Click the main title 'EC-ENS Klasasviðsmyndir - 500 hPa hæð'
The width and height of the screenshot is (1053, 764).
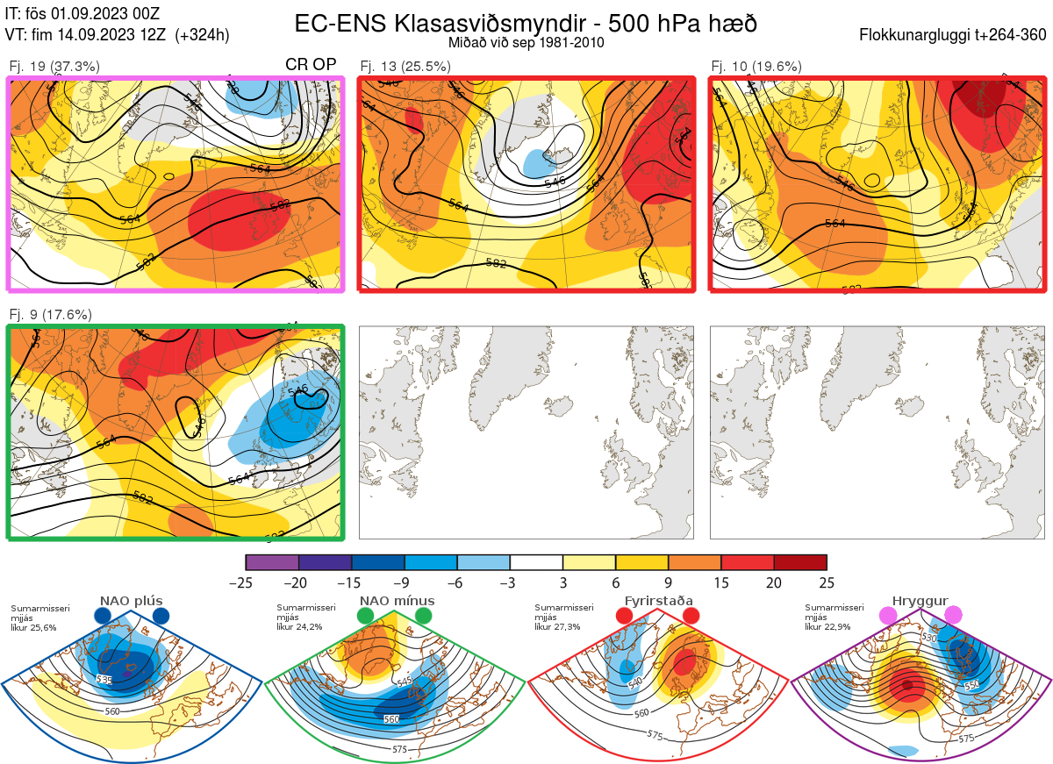click(525, 23)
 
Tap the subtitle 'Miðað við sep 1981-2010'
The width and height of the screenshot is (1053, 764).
click(526, 42)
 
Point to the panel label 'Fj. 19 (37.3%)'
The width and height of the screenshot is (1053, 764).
click(54, 66)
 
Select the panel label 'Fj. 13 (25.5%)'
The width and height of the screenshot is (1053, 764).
click(405, 66)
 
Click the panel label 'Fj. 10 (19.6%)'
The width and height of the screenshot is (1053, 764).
click(756, 66)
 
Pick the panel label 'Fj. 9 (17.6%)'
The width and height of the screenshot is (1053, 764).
click(50, 314)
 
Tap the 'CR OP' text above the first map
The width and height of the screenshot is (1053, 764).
click(312, 65)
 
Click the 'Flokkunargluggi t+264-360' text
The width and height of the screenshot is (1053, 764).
click(955, 35)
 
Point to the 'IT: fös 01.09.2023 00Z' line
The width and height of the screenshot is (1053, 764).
click(84, 14)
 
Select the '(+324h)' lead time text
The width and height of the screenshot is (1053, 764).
click(202, 35)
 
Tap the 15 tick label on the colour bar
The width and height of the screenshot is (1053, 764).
click(720, 582)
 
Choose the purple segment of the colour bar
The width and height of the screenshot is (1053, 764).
click(272, 562)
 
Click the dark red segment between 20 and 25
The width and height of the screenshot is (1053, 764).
click(800, 562)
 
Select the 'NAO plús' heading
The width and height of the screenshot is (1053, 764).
click(131, 601)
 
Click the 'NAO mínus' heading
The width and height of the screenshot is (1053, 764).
click(397, 601)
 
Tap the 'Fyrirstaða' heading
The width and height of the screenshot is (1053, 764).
click(657, 601)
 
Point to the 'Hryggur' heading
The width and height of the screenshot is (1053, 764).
click(920, 601)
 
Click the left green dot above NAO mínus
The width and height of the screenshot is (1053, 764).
click(365, 617)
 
